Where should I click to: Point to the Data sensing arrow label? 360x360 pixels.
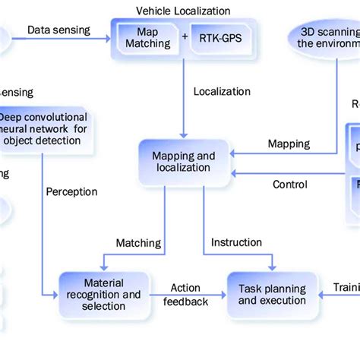coord(58,30)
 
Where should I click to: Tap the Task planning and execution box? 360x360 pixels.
coord(272,295)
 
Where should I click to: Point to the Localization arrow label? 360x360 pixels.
coord(222,92)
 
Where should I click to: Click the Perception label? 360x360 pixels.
coord(71,192)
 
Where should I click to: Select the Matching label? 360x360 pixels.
coord(138,243)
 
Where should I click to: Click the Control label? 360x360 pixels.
coord(289,185)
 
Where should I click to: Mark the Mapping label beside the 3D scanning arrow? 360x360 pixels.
coord(289,144)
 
